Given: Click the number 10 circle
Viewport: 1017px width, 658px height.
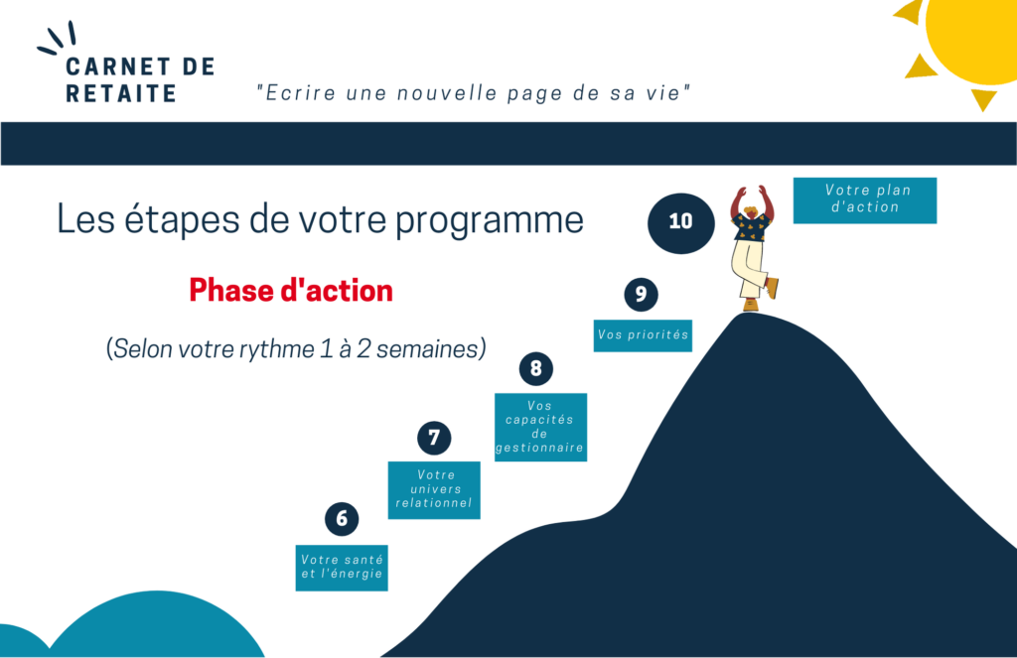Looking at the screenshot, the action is pyautogui.click(x=681, y=223).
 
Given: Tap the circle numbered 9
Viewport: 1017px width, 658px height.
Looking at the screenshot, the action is pyautogui.click(x=641, y=295).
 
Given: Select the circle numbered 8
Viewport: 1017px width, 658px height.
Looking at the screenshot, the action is pyautogui.click(x=535, y=369).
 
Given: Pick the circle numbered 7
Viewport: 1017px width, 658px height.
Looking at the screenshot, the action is pyautogui.click(x=434, y=439).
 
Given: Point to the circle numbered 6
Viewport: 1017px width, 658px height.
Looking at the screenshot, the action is pyautogui.click(x=342, y=519).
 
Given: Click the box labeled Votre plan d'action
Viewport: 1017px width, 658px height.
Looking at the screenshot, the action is pyautogui.click(x=865, y=200).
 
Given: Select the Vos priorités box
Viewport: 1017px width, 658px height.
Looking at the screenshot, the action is pyautogui.click(x=643, y=335).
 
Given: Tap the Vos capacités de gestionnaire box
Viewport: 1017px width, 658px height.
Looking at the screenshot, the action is pyautogui.click(x=540, y=427).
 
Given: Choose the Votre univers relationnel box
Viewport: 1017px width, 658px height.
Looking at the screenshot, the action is pyautogui.click(x=434, y=490).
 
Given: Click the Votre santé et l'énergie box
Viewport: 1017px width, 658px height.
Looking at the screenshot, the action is pyautogui.click(x=342, y=568).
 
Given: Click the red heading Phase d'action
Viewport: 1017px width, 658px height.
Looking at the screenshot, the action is pyautogui.click(x=291, y=291).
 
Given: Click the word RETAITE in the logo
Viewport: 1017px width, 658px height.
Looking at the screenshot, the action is pyautogui.click(x=121, y=94).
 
